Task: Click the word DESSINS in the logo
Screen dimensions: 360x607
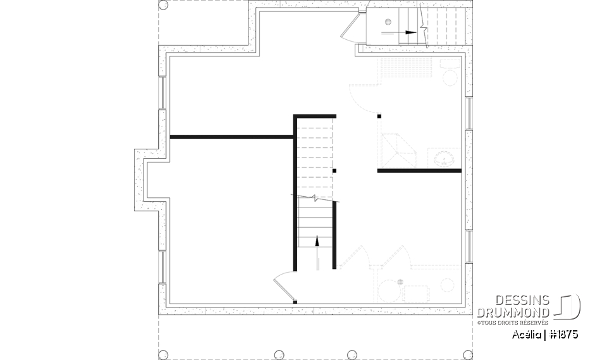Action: pyautogui.click(x=522, y=301)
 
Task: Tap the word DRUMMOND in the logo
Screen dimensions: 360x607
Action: pyautogui.click(x=513, y=312)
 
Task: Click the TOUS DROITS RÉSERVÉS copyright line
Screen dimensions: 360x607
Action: pyautogui.click(x=513, y=321)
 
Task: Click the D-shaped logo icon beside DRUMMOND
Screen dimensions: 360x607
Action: pyautogui.click(x=568, y=307)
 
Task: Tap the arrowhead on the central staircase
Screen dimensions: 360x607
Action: pyautogui.click(x=316, y=240)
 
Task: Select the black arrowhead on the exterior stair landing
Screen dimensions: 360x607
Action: pyautogui.click(x=412, y=31)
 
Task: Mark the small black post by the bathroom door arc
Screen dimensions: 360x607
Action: pyautogui.click(x=379, y=116)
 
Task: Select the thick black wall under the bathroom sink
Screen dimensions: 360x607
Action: pyautogui.click(x=420, y=171)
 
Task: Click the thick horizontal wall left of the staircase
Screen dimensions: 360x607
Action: pyautogui.click(x=231, y=137)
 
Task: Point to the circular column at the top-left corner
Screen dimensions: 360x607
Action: pyautogui.click(x=162, y=5)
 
